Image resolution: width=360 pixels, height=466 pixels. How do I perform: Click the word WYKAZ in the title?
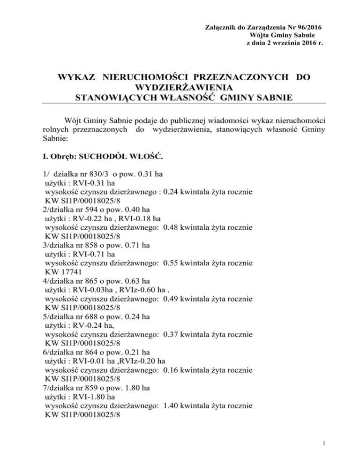[77, 77]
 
